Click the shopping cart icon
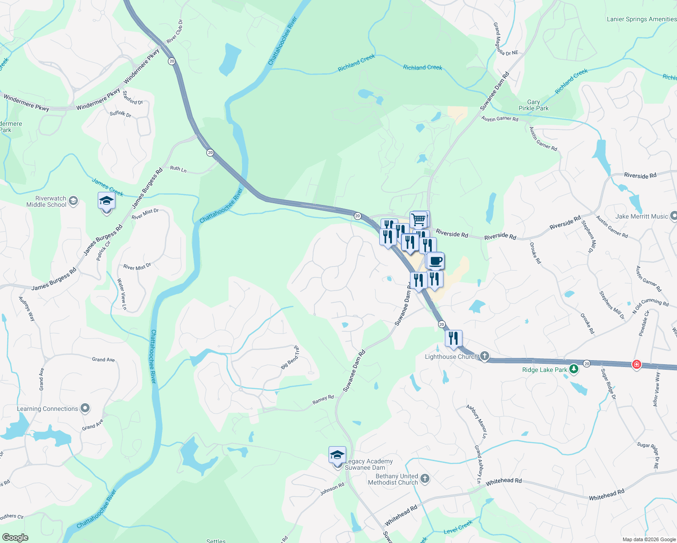pyautogui.click(x=419, y=219)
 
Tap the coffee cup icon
pyautogui.click(x=436, y=261)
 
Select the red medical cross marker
pyautogui.click(x=636, y=365)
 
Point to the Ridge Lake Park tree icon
pyautogui.click(x=574, y=369)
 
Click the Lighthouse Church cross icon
pyautogui.click(x=485, y=356)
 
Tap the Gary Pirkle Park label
pyautogui.click(x=534, y=105)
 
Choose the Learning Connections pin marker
pyautogui.click(x=85, y=408)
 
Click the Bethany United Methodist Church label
pyautogui.click(x=393, y=479)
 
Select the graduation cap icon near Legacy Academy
pyautogui.click(x=337, y=455)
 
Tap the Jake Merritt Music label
pyautogui.click(x=641, y=216)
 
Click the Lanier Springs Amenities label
pyautogui.click(x=641, y=19)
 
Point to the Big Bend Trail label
pyautogui.click(x=290, y=357)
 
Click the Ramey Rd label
pyautogui.click(x=323, y=400)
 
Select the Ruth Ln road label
pyautogui.click(x=178, y=169)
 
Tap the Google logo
pyautogui.click(x=15, y=538)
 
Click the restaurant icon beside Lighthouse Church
pyautogui.click(x=453, y=338)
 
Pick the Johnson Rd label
pyautogui.click(x=332, y=489)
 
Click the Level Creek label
pyautogui.click(x=458, y=527)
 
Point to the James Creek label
pyautogui.click(x=108, y=187)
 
